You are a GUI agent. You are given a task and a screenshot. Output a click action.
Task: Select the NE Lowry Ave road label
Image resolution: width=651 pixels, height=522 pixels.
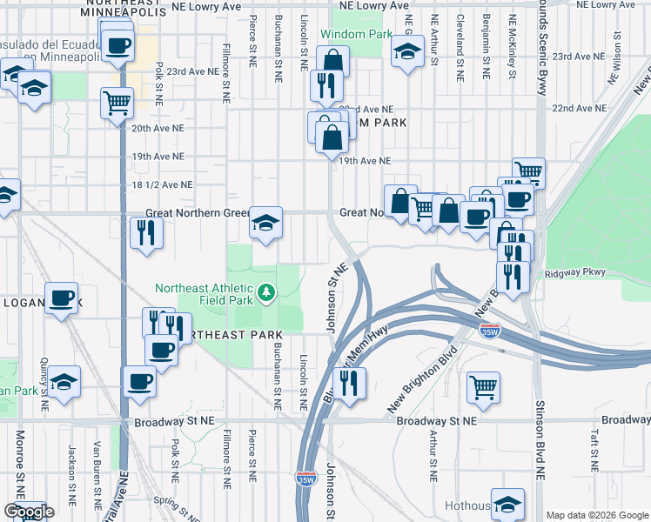(206, 6)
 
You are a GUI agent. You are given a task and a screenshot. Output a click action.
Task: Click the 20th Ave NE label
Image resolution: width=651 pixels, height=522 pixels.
(158, 127)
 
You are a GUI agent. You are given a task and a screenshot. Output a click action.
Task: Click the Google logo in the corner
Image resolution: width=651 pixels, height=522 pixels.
(29, 512)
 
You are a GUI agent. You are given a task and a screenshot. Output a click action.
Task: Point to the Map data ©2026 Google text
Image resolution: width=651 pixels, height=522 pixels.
(597, 515)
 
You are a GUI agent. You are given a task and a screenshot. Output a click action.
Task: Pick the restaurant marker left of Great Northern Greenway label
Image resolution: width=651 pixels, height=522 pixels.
(145, 232)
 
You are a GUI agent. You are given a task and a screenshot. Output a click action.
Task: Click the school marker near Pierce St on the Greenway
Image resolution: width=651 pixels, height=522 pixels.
(265, 222)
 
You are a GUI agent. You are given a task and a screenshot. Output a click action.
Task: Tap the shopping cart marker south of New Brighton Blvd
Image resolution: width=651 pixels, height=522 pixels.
(483, 387)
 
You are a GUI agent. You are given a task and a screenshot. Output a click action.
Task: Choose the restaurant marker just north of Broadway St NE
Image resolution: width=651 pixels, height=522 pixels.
(349, 383)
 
